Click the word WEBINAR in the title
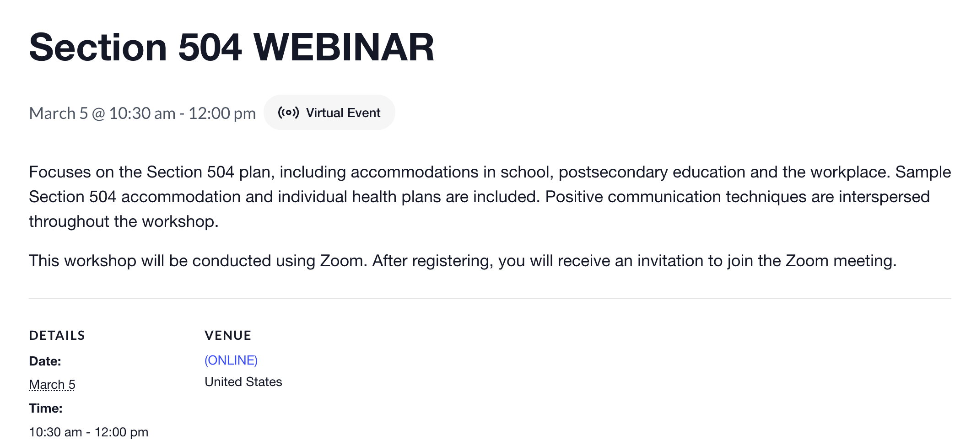pyautogui.click(x=343, y=48)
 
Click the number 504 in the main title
pyautogui.click(x=210, y=48)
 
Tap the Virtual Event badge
pyautogui.click(x=329, y=113)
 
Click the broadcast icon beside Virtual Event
pyautogui.click(x=288, y=113)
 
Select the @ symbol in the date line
pyautogui.click(x=98, y=113)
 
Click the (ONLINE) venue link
pyautogui.click(x=231, y=360)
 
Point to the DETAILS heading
pyautogui.click(x=57, y=336)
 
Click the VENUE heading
pyautogui.click(x=228, y=336)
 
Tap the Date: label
pyautogui.click(x=45, y=361)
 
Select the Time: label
pyautogui.click(x=45, y=408)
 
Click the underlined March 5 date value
pyautogui.click(x=52, y=385)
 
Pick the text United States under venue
pyautogui.click(x=243, y=382)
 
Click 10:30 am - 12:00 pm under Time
pyautogui.click(x=88, y=432)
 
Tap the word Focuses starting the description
pyautogui.click(x=59, y=172)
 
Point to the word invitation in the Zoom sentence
pyautogui.click(x=670, y=261)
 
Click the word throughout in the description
pyautogui.click(x=69, y=222)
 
